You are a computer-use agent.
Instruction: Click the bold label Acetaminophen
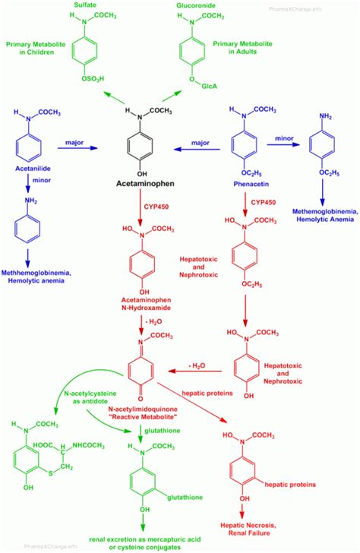coord(150,184)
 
